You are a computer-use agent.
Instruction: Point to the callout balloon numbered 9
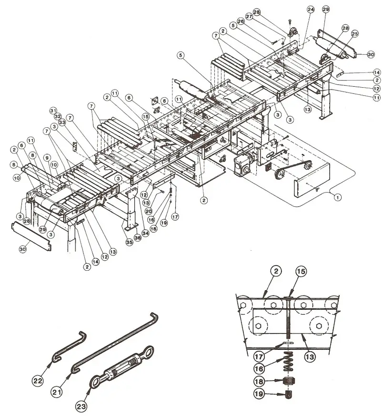tap(47, 157)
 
